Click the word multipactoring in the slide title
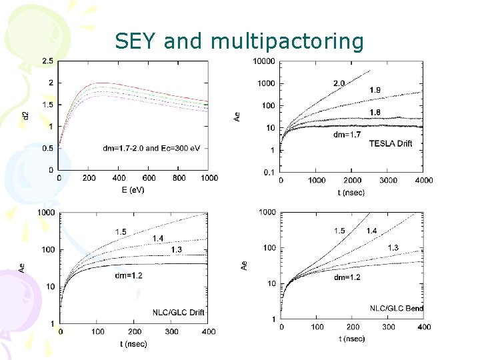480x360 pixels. point(287,41)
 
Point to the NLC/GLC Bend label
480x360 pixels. point(397,308)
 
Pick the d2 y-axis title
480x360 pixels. point(25,115)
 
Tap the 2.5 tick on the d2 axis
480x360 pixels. point(48,61)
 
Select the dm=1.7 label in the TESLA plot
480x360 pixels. point(347,134)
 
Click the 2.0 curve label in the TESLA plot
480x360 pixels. point(339,84)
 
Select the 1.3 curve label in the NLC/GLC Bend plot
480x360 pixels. point(393,248)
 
